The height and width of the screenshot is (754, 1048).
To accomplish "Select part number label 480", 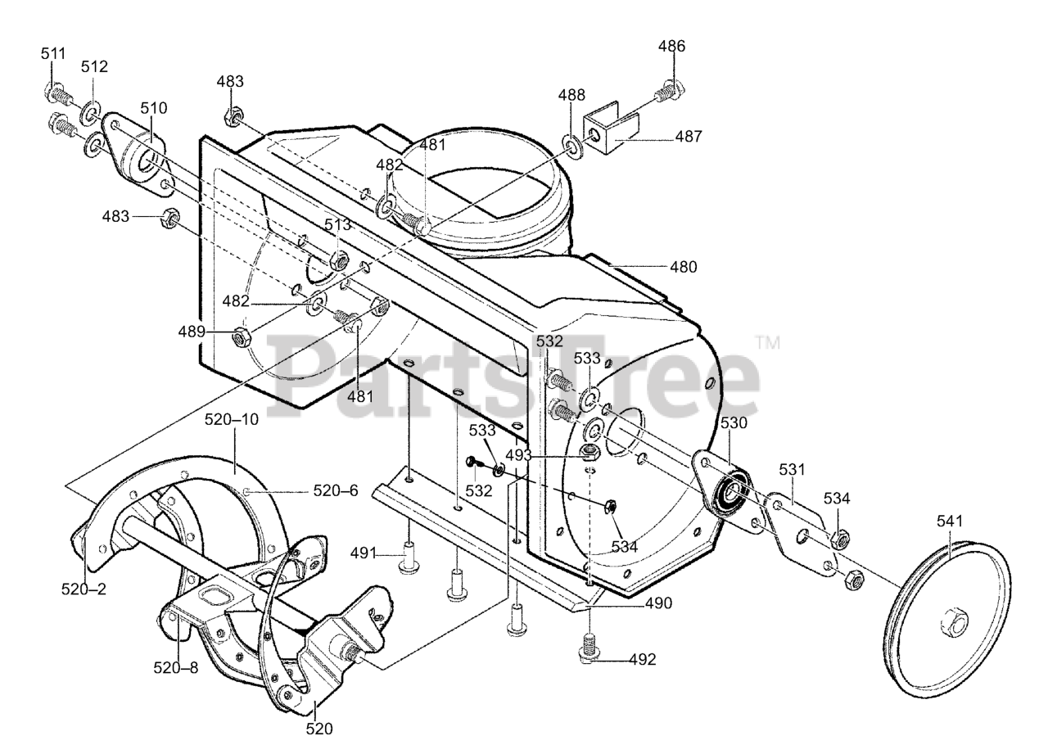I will tap(683, 267).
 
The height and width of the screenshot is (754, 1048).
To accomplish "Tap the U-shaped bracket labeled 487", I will tap(609, 131).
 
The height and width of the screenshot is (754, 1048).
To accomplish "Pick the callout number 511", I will tap(52, 54).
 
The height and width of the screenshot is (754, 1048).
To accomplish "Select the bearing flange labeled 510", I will tap(135, 156).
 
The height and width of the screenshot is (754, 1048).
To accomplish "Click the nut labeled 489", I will tap(242, 336).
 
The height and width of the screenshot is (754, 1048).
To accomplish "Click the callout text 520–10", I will tap(232, 419).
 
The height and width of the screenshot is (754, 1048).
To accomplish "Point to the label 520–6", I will tap(336, 490).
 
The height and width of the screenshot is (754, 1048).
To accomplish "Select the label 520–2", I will tap(84, 588).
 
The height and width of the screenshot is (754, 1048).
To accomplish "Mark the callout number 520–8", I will tap(176, 667).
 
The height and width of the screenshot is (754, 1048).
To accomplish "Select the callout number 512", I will tap(94, 67).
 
